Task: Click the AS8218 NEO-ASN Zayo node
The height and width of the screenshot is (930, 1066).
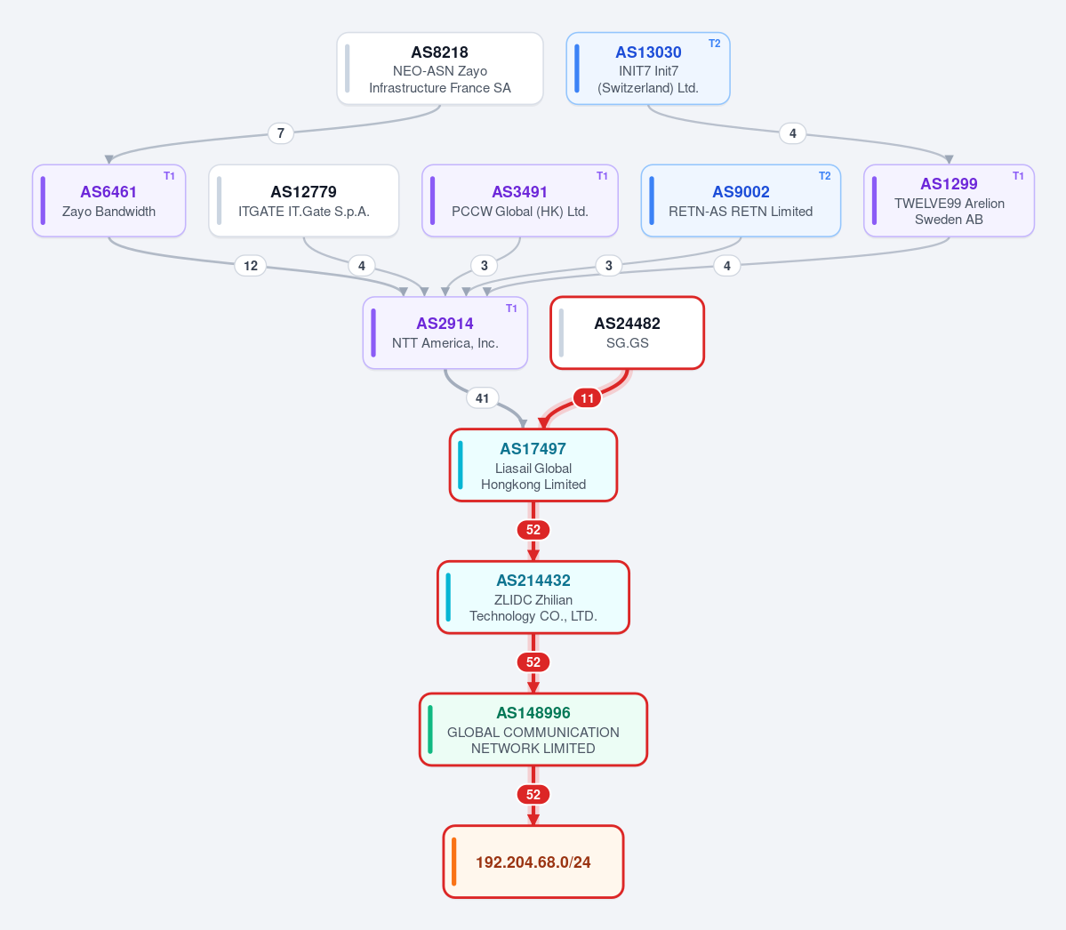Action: pos(440,68)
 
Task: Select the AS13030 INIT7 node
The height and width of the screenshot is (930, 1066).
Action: pos(648,68)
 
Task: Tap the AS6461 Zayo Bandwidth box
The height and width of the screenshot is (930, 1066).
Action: pos(108,201)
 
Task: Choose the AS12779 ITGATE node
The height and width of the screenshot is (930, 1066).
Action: pos(303,201)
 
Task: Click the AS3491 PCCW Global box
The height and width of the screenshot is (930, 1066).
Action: pos(520,201)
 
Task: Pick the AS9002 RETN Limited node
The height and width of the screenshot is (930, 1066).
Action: pos(741,201)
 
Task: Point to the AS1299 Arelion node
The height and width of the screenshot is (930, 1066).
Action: pos(949,201)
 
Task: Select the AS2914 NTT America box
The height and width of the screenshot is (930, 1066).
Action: pos(445,333)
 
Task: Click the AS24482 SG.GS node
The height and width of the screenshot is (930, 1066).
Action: pos(627,333)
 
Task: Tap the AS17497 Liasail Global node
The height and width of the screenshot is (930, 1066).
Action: pos(533,465)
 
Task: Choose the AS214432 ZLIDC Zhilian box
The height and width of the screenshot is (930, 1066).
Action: pos(533,597)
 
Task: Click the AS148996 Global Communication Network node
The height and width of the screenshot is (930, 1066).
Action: pos(533,729)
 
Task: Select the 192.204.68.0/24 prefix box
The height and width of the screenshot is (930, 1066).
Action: pos(533,862)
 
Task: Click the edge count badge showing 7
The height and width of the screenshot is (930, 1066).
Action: pos(281,132)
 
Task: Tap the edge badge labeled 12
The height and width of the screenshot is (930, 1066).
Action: pos(251,266)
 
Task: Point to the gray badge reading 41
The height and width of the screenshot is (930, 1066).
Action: pos(482,397)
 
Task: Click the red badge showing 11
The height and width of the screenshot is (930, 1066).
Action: pos(588,397)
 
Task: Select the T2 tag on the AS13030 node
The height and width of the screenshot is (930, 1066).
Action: pos(715,44)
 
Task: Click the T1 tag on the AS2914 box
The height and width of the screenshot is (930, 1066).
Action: pos(512,308)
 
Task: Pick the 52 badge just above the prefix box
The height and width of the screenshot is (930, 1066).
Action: pos(533,794)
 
